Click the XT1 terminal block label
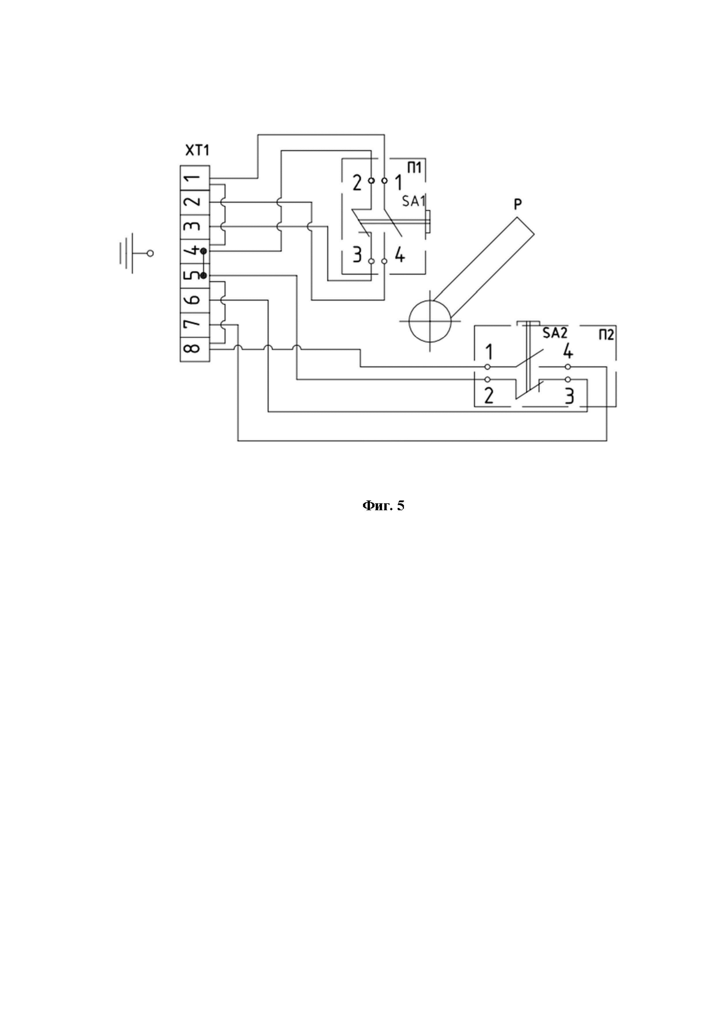[x=197, y=150]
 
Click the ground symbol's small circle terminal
[x=150, y=254]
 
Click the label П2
[x=606, y=335]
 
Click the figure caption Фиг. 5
[x=383, y=506]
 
